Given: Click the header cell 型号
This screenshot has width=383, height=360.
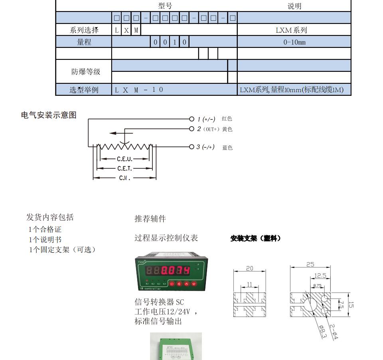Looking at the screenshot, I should pos(165,6).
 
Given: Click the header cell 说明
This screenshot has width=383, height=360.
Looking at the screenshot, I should pos(294,6).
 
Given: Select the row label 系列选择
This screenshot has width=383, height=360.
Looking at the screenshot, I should pos(84,30).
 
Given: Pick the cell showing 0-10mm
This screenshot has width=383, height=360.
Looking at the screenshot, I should pos(294,42).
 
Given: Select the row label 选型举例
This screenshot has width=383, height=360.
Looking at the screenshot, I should pos(84,90).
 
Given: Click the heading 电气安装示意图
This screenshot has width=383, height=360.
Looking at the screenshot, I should pos(49,115).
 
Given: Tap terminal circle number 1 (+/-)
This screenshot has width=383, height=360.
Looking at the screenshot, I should pos(192,119).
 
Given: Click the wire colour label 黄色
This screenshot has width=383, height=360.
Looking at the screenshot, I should pos(227,129).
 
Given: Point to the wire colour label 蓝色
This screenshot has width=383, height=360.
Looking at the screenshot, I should pos(227,148).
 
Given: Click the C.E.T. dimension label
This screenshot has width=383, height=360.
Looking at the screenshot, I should pos(124,168).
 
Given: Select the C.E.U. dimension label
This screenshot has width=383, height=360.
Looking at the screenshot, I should pos(124,159).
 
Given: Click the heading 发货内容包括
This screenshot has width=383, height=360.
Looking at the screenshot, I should pos(50,217).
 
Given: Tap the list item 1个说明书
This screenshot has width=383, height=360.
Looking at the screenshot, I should pos(45,239).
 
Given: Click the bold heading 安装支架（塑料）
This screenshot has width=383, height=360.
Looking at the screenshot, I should pos(256,238).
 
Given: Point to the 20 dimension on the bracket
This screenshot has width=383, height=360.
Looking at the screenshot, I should pos(249,268).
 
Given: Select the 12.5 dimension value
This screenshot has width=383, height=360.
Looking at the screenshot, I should pos(320,275).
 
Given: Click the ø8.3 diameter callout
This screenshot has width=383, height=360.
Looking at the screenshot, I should pos(322,332).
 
